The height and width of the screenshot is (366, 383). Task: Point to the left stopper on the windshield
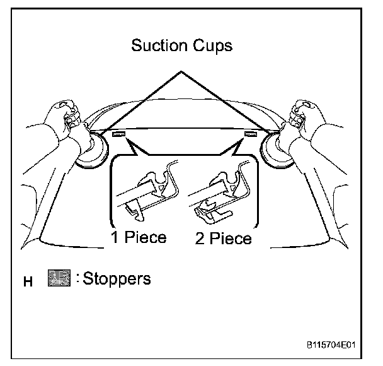[x=118, y=134]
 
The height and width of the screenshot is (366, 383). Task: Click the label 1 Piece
[x=139, y=238]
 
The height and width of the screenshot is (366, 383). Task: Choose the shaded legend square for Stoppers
[x=57, y=278]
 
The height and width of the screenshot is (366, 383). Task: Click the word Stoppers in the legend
[x=115, y=278]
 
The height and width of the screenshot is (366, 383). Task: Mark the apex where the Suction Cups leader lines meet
[x=183, y=73]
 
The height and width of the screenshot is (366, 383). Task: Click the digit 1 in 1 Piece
[x=115, y=238]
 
